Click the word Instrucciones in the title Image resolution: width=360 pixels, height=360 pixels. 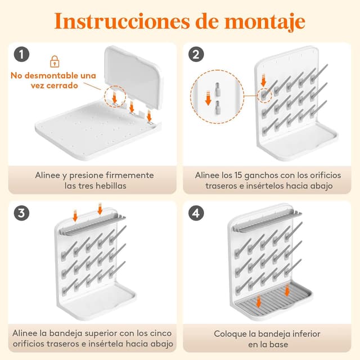point(122,21)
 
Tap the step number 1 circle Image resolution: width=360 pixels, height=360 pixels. point(21,55)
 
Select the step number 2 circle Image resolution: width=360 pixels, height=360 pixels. point(196,55)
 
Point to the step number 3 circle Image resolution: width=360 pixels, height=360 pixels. point(21,213)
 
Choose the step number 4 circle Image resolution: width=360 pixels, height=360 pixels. point(196,213)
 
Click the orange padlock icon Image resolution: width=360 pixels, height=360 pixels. point(55,61)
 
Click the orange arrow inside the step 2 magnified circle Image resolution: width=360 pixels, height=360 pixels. point(208,98)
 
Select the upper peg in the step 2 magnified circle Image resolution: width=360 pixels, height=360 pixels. point(218,89)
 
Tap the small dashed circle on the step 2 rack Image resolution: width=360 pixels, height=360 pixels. point(264,95)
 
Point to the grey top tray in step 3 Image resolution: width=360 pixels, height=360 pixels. point(92,224)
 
